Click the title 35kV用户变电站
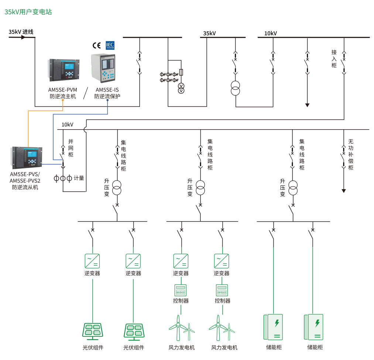point(28,12)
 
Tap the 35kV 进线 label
point(21,32)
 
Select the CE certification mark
point(97,45)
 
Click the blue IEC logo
point(110,45)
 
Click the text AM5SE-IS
point(107,90)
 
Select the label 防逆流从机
point(25,187)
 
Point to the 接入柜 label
point(334,59)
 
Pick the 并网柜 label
point(71,148)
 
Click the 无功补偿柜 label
point(351,154)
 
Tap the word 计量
point(79,178)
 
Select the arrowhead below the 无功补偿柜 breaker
point(344,191)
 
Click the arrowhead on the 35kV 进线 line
point(23,37)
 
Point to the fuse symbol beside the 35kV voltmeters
point(181,72)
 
